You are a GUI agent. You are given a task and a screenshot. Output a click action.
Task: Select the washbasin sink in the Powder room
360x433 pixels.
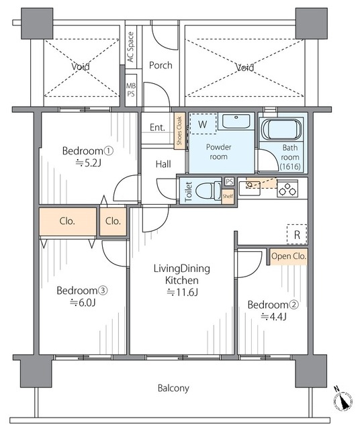(x=236, y=123)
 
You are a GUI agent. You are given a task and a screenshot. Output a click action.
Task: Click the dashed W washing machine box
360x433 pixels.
(x=204, y=124)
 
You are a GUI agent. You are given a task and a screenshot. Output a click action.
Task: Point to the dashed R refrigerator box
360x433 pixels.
(x=296, y=234)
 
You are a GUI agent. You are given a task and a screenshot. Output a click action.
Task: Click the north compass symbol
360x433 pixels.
(x=343, y=401)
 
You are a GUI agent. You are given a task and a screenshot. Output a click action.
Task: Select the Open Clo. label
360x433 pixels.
(x=289, y=256)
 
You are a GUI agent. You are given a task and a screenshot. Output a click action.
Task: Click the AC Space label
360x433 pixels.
(x=130, y=48)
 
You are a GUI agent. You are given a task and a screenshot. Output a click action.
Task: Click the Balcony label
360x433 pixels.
(x=173, y=388)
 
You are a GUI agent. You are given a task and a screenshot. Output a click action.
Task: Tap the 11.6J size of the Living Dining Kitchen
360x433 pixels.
(x=181, y=292)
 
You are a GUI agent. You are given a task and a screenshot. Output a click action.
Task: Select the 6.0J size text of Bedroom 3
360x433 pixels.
(x=84, y=302)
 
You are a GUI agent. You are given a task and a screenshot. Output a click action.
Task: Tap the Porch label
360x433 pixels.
(x=161, y=65)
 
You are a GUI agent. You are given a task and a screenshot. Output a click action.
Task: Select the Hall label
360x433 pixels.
(x=163, y=164)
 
